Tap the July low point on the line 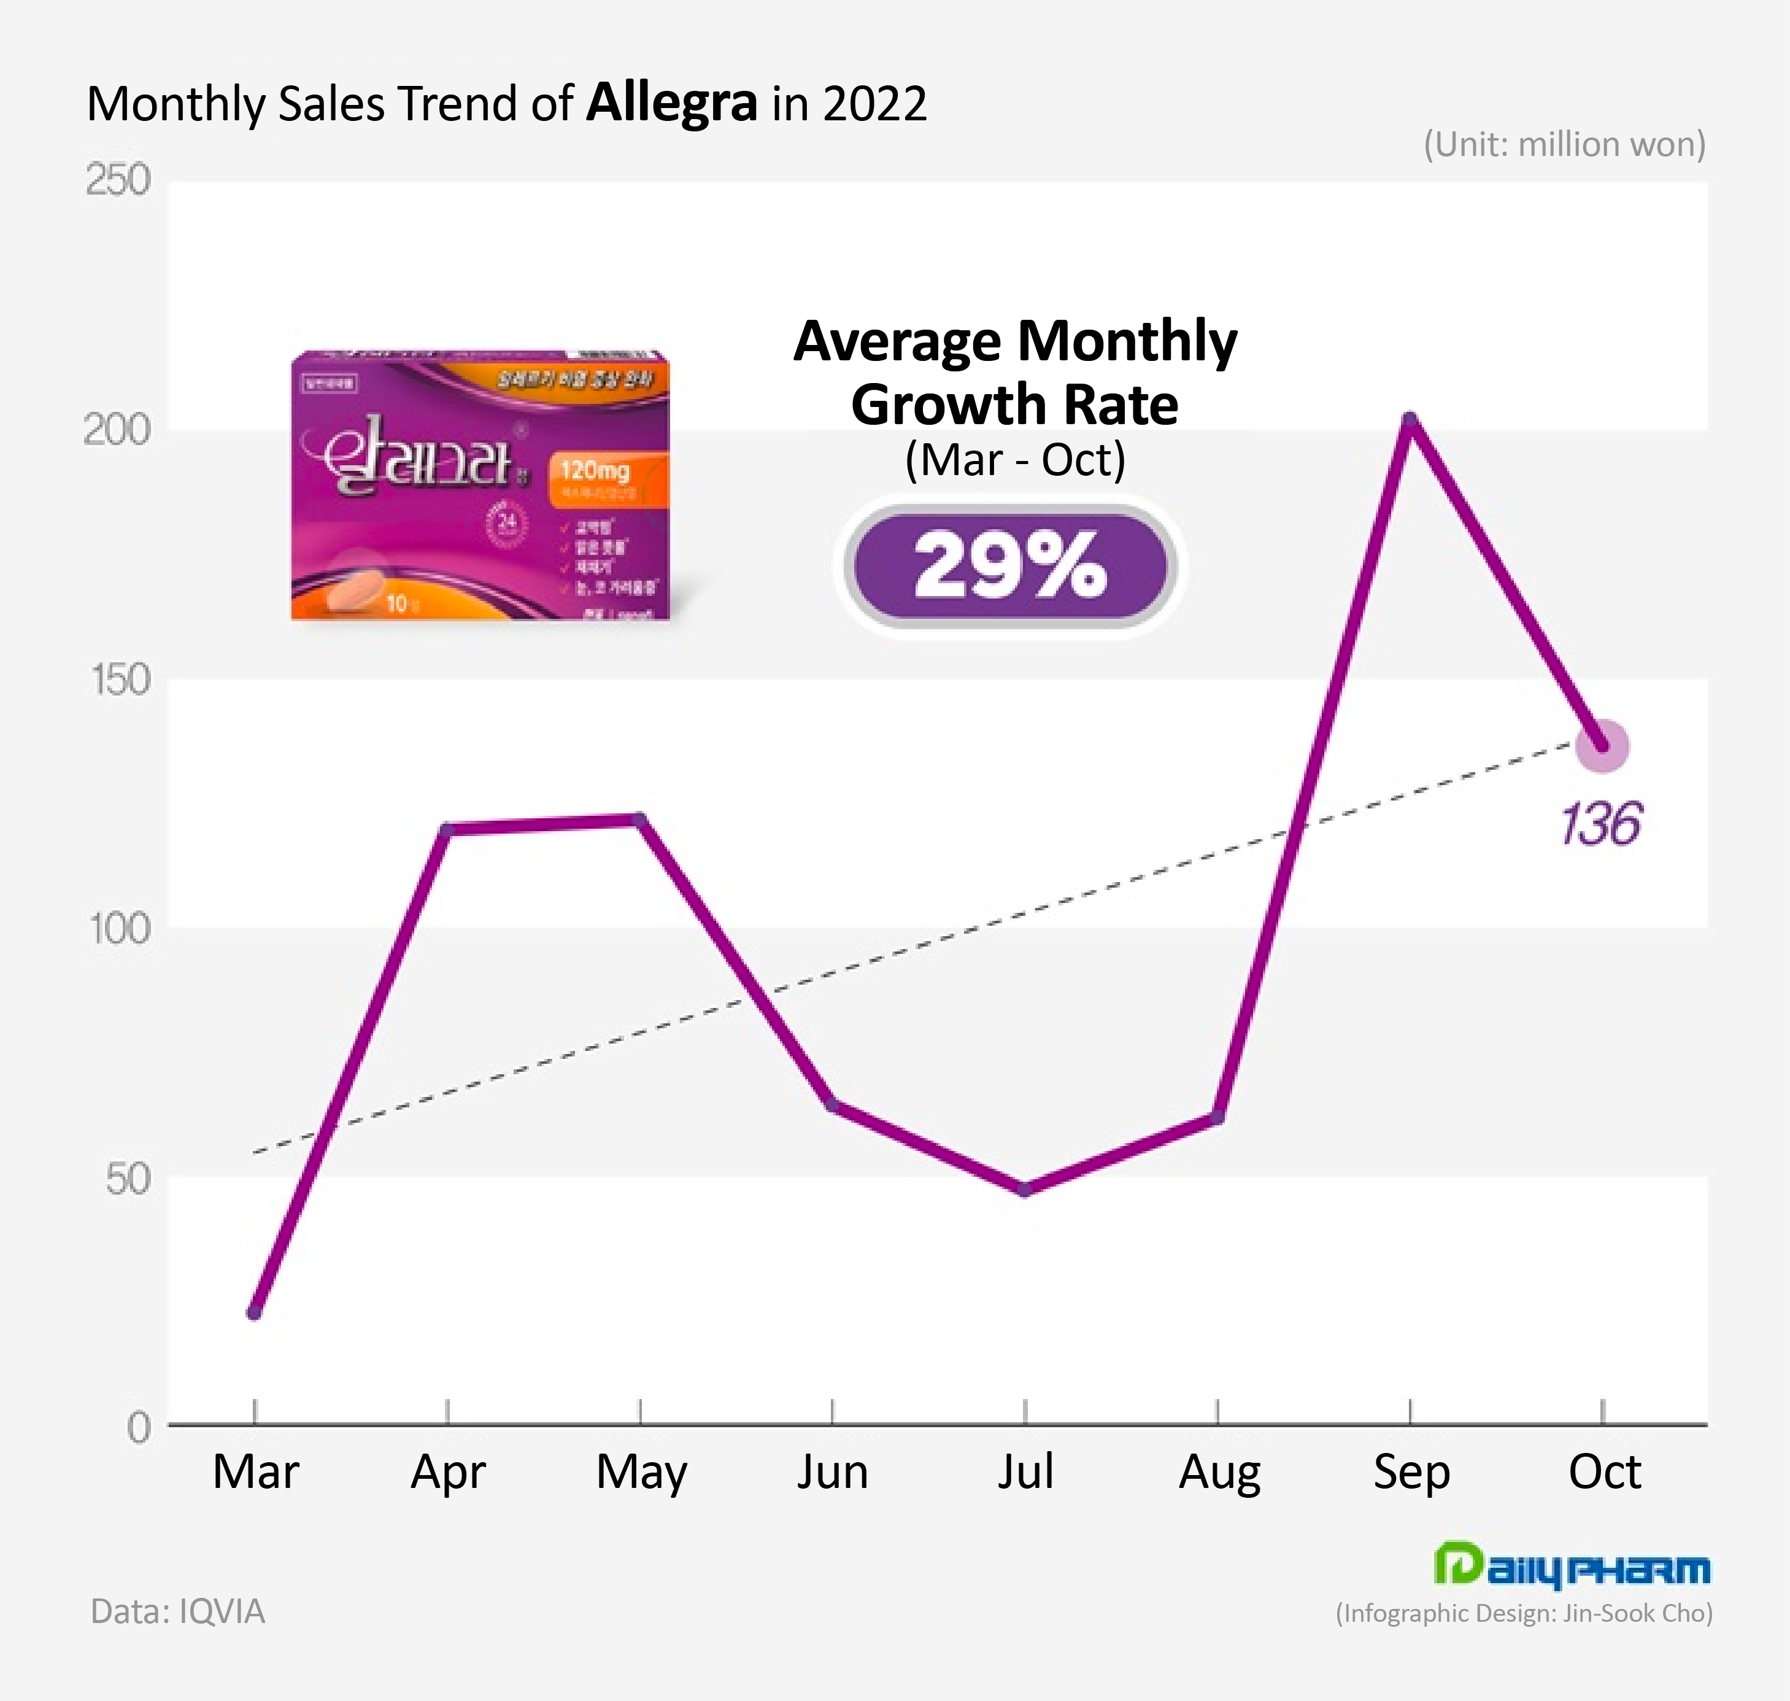pyautogui.click(x=1025, y=1190)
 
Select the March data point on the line pyautogui.click(x=255, y=1312)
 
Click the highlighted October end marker pyautogui.click(x=1602, y=746)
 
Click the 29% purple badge pyautogui.click(x=1009, y=567)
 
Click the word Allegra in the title pyautogui.click(x=671, y=103)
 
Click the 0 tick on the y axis pyautogui.click(x=137, y=1428)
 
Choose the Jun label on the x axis pyautogui.click(x=832, y=1471)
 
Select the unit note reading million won pyautogui.click(x=1564, y=144)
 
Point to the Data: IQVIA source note pyautogui.click(x=177, y=1611)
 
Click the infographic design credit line pyautogui.click(x=1524, y=1613)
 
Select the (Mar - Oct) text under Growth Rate pyautogui.click(x=1015, y=460)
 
